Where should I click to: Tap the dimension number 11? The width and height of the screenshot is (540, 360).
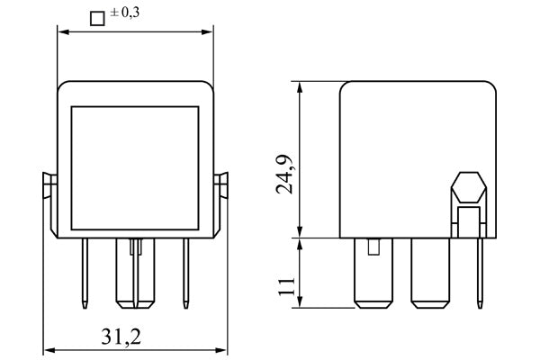point(286,287)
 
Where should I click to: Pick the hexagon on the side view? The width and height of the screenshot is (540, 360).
point(468,189)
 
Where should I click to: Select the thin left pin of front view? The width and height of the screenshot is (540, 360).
point(84,270)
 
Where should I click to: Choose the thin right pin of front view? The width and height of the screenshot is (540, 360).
point(186,270)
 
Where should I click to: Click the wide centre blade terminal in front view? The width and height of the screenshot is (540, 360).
point(135,274)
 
